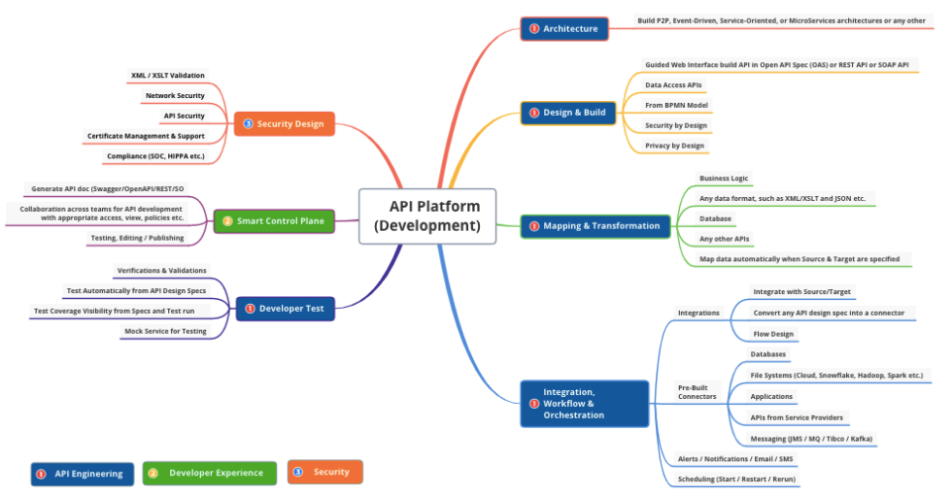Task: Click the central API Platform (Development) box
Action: [427, 215]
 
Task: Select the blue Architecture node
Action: [563, 28]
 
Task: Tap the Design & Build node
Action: [567, 113]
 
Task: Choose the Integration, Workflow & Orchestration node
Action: [584, 403]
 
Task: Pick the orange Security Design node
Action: [284, 123]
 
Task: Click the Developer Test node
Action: [285, 309]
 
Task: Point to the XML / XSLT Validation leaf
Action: [168, 75]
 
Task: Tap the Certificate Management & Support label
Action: [146, 136]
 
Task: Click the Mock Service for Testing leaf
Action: [165, 331]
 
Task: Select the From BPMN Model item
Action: [676, 105]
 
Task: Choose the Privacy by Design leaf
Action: [675, 146]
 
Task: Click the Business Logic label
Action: [725, 179]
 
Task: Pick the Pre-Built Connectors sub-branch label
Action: [697, 392]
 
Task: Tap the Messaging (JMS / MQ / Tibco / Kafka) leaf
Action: [811, 439]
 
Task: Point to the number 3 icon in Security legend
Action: [298, 472]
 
